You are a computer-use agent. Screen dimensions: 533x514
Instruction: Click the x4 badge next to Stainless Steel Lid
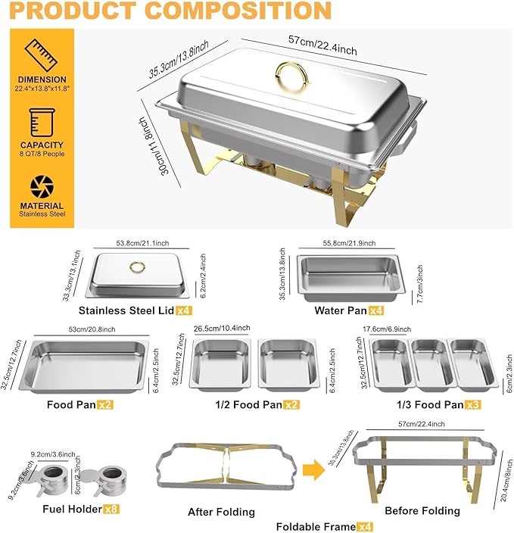[184, 310]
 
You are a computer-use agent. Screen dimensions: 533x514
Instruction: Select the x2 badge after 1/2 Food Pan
[291, 404]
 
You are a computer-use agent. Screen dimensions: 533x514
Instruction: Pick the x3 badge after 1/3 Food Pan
[472, 404]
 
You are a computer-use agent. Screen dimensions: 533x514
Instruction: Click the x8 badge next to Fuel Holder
[113, 510]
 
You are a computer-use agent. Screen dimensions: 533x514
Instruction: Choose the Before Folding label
[422, 510]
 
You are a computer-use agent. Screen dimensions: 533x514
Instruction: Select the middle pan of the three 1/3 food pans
[429, 360]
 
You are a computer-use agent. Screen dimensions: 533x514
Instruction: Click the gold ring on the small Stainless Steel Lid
[137, 266]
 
